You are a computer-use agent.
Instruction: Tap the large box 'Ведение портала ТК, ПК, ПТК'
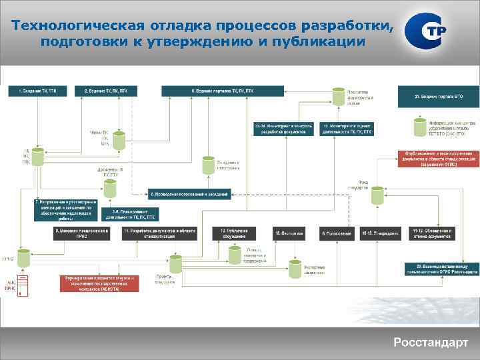(x=222, y=90)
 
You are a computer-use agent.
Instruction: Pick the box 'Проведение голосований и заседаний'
(x=189, y=194)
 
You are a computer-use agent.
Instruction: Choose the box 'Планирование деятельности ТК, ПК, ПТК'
(x=131, y=214)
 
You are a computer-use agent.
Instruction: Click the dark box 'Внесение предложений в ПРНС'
(x=81, y=233)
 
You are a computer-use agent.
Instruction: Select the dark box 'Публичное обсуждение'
(x=230, y=233)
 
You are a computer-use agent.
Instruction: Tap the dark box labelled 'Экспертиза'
(x=288, y=233)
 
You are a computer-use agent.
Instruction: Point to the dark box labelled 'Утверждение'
(x=381, y=233)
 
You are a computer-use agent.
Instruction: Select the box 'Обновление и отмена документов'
(x=433, y=233)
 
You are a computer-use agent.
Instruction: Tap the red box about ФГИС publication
(x=437, y=159)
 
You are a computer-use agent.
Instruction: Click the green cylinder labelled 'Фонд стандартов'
(x=377, y=195)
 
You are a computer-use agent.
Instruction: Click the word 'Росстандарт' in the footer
(x=430, y=343)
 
